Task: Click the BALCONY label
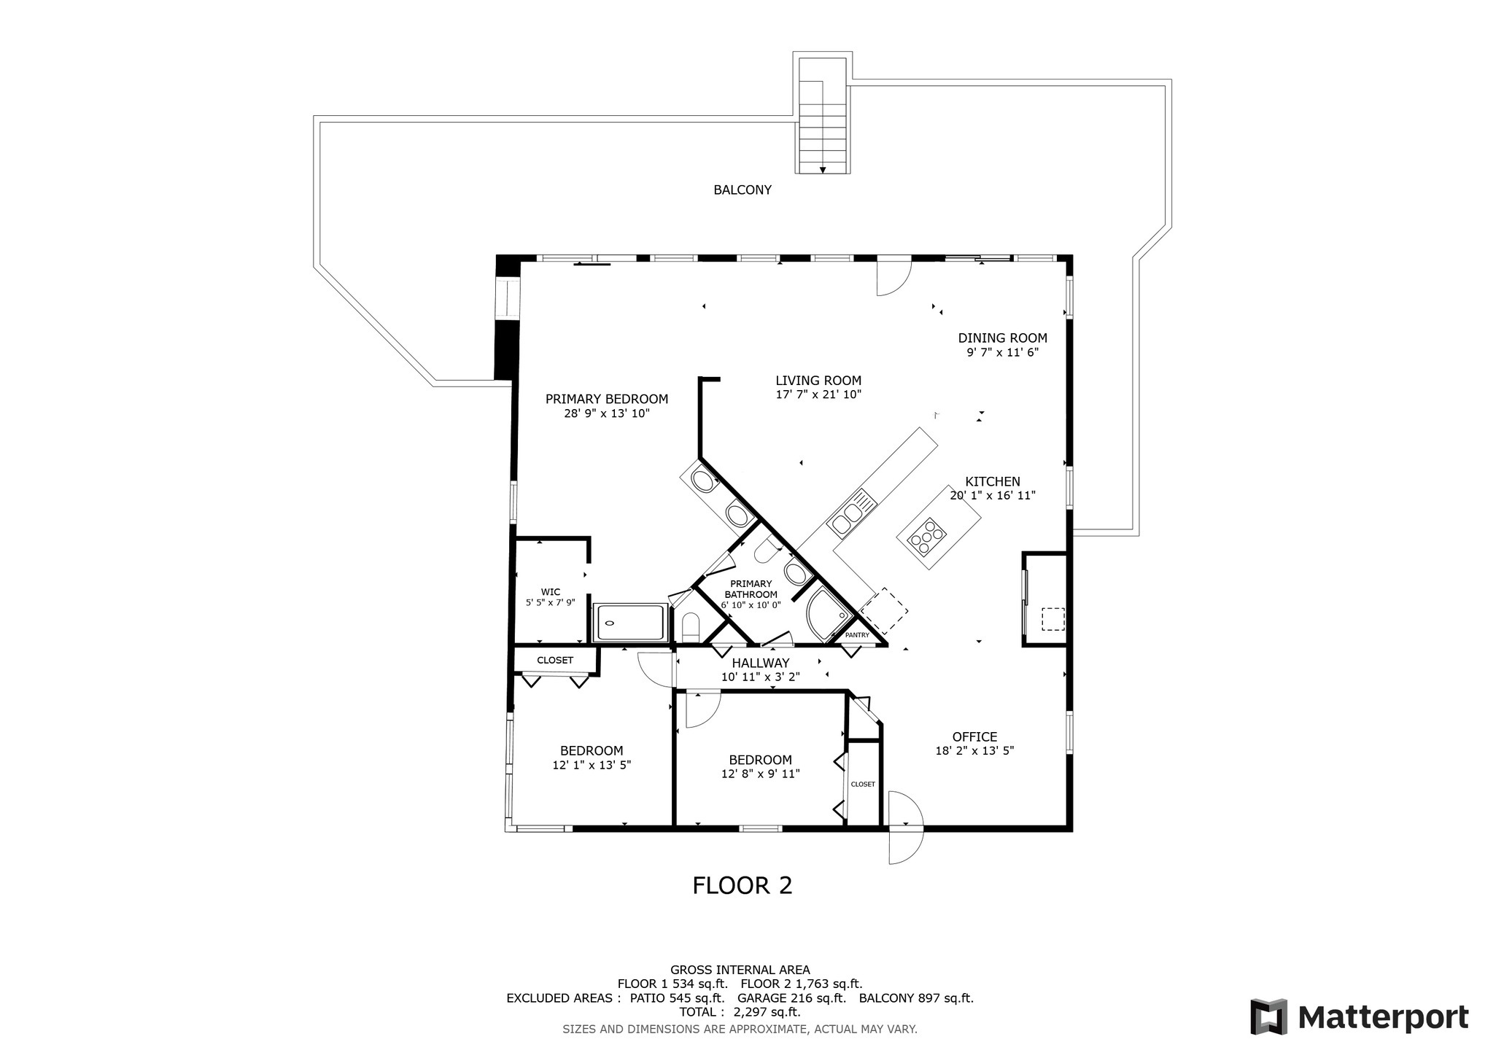[742, 190]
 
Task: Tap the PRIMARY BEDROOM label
[607, 399]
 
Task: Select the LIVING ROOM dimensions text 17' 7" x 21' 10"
[818, 394]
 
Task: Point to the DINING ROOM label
[1002, 338]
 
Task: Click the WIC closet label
[551, 591]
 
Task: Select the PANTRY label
[857, 635]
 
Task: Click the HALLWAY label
[761, 663]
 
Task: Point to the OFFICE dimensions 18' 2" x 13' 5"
[974, 750]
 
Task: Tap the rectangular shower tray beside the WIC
[631, 623]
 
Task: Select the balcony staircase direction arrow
[823, 170]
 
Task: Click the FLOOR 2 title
[742, 885]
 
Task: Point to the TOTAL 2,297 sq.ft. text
[740, 1012]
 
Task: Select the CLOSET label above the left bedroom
[555, 661]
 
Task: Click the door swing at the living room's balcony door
[894, 277]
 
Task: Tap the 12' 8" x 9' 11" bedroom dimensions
[760, 774]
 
